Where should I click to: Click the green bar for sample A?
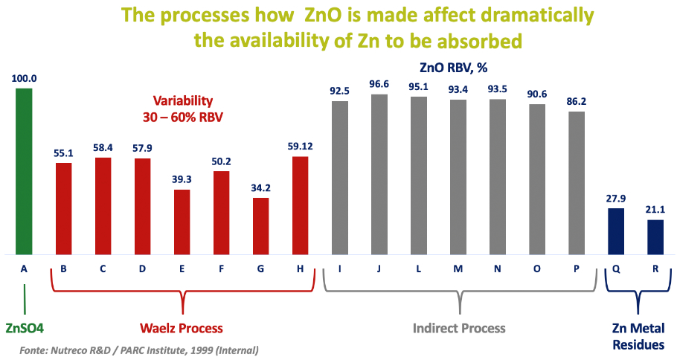(25, 170)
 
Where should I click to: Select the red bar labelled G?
(260, 225)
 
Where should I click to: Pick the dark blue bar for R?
(655, 237)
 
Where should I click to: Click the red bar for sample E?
(182, 222)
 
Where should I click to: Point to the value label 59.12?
(301, 146)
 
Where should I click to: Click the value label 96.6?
(379, 85)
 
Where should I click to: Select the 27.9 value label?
(615, 198)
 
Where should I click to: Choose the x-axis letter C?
(103, 269)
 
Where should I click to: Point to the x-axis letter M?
(458, 269)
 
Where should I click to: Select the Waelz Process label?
(182, 327)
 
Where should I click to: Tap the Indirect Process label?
(461, 327)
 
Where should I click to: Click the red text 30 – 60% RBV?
(183, 117)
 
